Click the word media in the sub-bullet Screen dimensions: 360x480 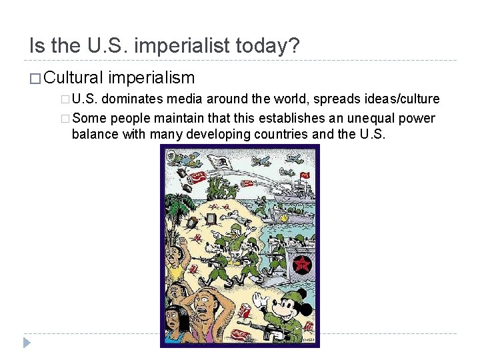pyautogui.click(x=186, y=99)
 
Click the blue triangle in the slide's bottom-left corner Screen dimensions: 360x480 pyautogui.click(x=27, y=343)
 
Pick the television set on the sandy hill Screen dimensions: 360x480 pyautogui.click(x=212, y=218)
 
